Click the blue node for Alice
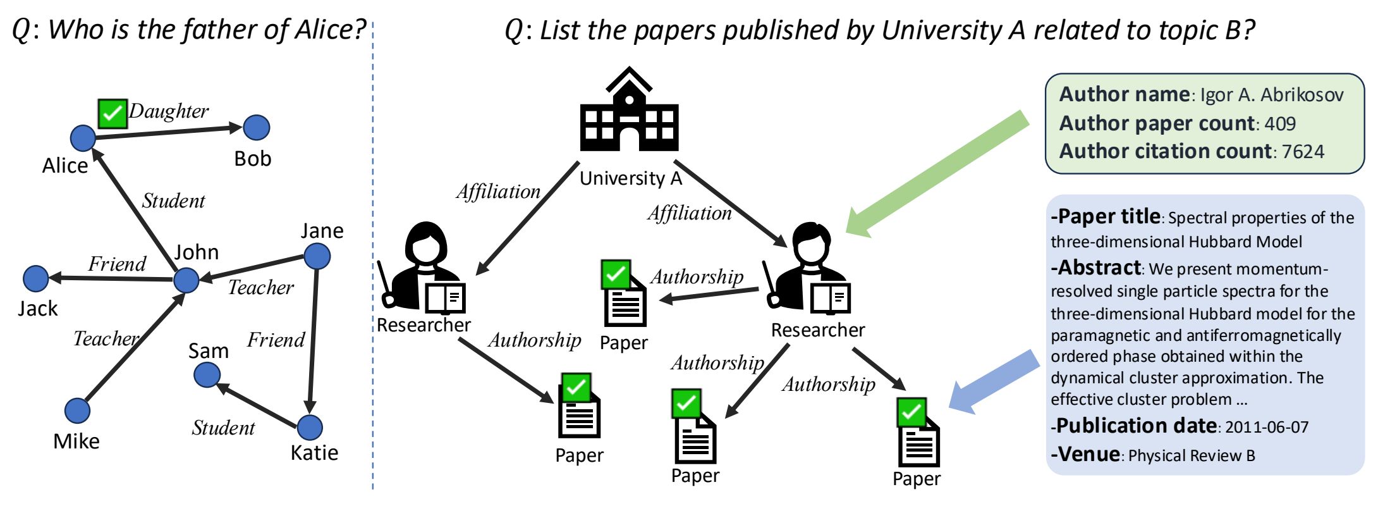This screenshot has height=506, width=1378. click(83, 138)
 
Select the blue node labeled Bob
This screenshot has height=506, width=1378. click(256, 128)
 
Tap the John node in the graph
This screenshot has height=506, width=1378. click(186, 280)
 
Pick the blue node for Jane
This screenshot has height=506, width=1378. click(317, 256)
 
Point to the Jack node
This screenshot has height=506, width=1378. click(36, 278)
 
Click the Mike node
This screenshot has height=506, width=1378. click(77, 411)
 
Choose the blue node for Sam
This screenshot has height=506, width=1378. click(207, 375)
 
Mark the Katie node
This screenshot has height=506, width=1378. click(310, 428)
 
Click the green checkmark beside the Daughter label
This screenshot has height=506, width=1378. click(113, 114)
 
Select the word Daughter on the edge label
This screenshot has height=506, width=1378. click(169, 111)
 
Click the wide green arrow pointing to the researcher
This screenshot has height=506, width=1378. click(936, 174)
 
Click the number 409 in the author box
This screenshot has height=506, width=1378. click(1279, 123)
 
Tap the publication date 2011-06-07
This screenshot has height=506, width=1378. click(1267, 427)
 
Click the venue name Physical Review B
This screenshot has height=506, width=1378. click(1192, 455)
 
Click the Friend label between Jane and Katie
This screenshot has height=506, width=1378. click(276, 340)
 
